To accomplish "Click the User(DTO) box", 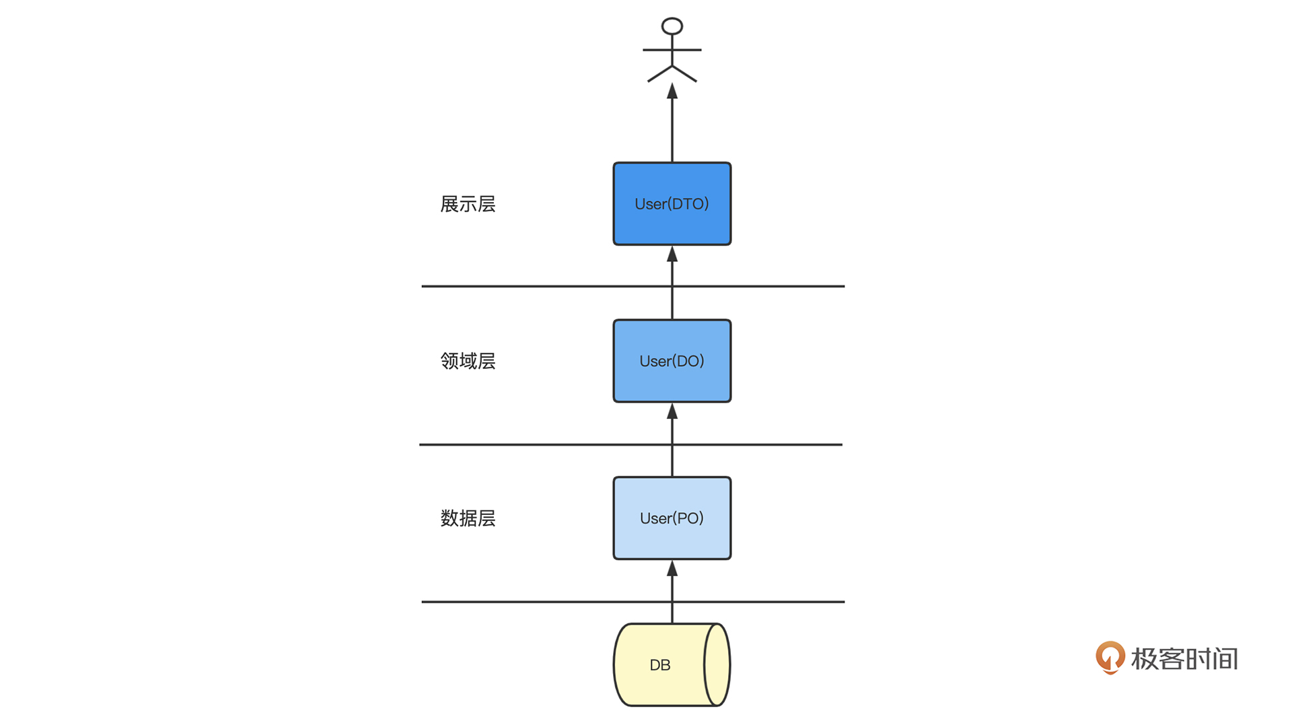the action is (x=672, y=203).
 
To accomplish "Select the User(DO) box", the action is (x=672, y=361).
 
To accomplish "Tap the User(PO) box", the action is (x=672, y=518).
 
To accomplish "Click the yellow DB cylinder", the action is (x=672, y=664).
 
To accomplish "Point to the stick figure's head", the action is (x=672, y=26).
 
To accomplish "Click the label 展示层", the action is (x=468, y=204).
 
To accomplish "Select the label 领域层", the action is (x=468, y=361).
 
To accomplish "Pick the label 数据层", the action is (x=468, y=518).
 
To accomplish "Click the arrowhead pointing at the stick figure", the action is (x=672, y=91).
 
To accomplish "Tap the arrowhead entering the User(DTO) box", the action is (x=672, y=254).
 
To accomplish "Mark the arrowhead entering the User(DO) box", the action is (x=672, y=411).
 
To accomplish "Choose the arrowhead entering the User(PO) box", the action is (x=672, y=569).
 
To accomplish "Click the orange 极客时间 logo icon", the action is (x=1110, y=658).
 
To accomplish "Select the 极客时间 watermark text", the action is (x=1184, y=659).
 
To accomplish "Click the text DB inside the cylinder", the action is (x=660, y=665).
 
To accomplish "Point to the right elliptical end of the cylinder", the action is (x=717, y=664).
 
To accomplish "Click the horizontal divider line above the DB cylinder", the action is (x=633, y=602).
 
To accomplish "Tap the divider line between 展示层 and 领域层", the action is (x=633, y=286).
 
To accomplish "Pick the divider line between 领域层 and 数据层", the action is (x=631, y=444).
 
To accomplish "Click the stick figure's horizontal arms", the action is (x=672, y=50).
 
